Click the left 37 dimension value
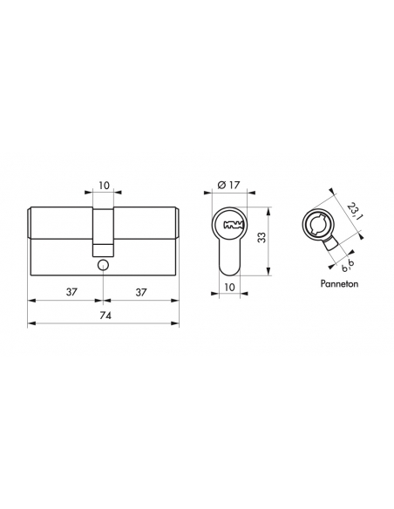pos(71,292)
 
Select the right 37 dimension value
pos(141,292)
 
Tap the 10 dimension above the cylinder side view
pos(104,186)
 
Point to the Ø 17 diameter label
pos(229,185)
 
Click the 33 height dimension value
pos(262,237)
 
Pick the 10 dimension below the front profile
pos(229,288)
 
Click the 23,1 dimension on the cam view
pos(353,211)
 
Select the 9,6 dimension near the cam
pos(348,266)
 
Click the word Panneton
pos(339,284)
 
